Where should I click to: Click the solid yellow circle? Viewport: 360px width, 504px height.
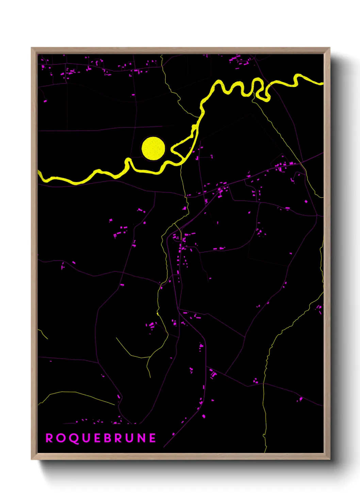tap(153, 148)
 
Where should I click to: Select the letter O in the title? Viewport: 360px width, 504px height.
tap(60, 438)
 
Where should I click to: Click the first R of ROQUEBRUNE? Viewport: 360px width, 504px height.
tap(49, 438)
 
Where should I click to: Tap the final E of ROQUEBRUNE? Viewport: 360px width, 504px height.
tap(152, 438)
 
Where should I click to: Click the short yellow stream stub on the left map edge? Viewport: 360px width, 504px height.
tap(43, 333)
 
